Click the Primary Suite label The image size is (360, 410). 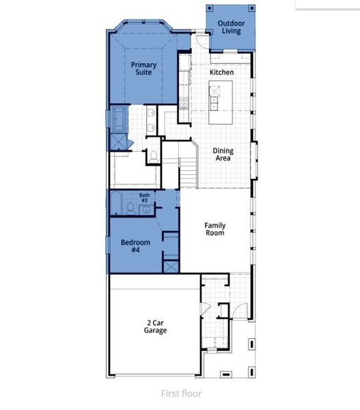[143, 69]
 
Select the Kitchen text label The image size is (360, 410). [221, 72]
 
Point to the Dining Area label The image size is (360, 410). [223, 154]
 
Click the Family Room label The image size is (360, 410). [215, 229]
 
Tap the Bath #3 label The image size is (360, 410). [145, 197]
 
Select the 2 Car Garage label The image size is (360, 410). [155, 327]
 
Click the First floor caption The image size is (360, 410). [181, 393]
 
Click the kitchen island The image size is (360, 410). [221, 96]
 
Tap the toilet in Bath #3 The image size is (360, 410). [130, 208]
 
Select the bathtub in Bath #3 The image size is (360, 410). [116, 203]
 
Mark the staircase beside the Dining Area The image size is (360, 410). [189, 172]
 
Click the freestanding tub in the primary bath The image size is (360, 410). [119, 120]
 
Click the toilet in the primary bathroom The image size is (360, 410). [154, 155]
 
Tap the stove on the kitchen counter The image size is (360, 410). [184, 102]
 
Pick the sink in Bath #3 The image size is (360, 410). [145, 209]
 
